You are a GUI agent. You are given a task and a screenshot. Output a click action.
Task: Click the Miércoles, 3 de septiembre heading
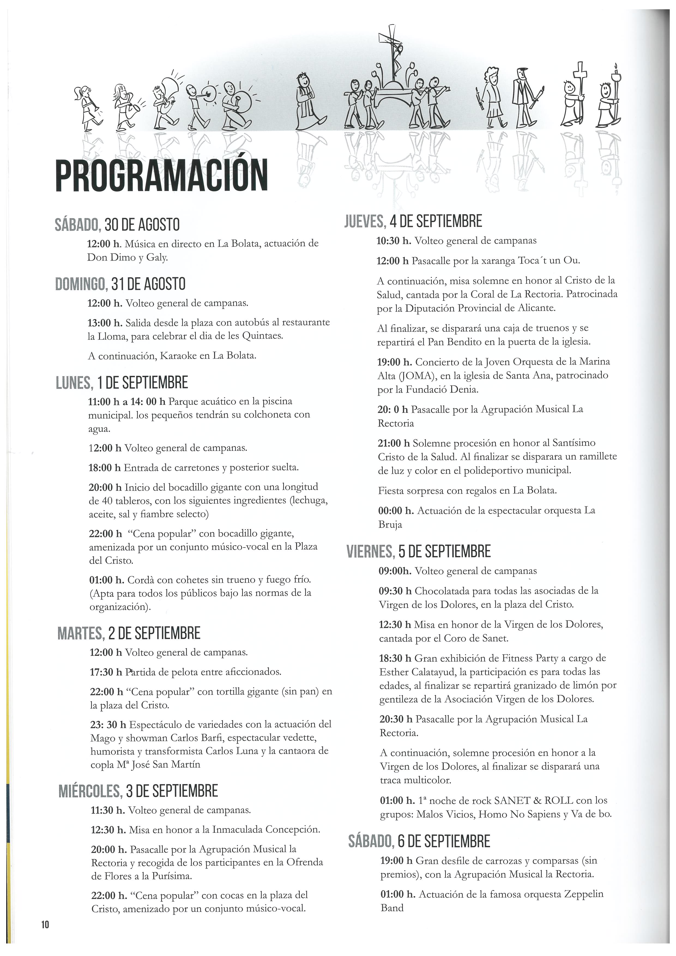138,791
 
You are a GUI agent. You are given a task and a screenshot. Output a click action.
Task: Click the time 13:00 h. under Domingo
105,322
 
